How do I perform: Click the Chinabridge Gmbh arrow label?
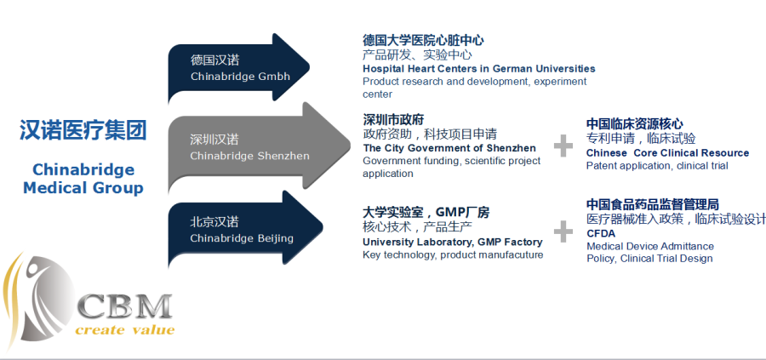click(x=240, y=77)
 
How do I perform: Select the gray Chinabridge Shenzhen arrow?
click(x=259, y=147)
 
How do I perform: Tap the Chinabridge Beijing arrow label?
click(x=242, y=238)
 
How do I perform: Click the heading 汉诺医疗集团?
click(x=83, y=130)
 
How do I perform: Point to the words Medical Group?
click(x=83, y=188)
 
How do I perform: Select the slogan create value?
click(x=125, y=330)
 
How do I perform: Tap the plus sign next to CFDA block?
click(x=563, y=231)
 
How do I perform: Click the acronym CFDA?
click(x=601, y=233)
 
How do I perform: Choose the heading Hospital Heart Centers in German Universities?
click(x=478, y=68)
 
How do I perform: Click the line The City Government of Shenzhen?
click(x=449, y=148)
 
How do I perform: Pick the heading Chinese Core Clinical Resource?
click(x=667, y=153)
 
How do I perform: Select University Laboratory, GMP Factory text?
click(x=453, y=242)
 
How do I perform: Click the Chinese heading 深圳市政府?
click(x=393, y=120)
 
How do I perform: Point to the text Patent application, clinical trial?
click(x=657, y=166)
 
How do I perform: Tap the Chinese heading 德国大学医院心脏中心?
click(x=423, y=40)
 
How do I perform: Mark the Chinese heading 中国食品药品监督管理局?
click(x=653, y=204)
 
